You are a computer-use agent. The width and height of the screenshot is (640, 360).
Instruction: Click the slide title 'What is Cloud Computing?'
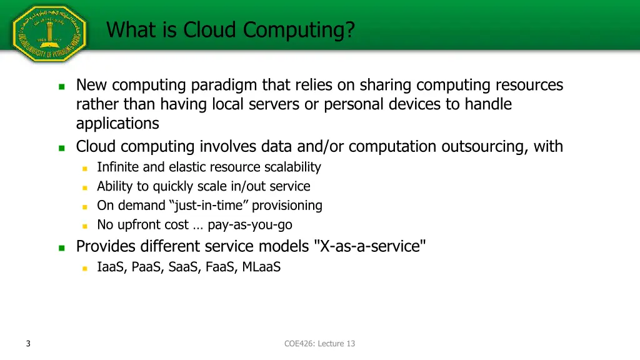(230, 29)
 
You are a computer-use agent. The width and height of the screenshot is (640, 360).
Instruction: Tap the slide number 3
(29, 343)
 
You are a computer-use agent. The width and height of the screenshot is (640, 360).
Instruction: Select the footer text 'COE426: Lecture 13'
(319, 343)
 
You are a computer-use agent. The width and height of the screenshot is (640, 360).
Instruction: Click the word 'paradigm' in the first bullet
(224, 85)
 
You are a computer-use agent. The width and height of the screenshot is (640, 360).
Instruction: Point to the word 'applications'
(117, 124)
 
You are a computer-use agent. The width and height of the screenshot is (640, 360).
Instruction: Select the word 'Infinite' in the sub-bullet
(118, 167)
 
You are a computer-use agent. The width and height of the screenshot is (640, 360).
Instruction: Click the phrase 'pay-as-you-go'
(249, 225)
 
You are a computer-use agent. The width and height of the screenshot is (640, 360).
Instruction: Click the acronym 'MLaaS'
(261, 267)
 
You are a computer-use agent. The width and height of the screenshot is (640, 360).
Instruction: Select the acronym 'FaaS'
(218, 267)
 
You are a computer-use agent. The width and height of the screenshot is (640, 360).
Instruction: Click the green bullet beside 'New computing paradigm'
(61, 86)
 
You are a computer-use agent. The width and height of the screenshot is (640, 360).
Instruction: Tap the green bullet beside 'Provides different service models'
(61, 247)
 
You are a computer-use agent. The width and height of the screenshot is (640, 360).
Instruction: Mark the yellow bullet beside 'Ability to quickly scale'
(85, 187)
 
